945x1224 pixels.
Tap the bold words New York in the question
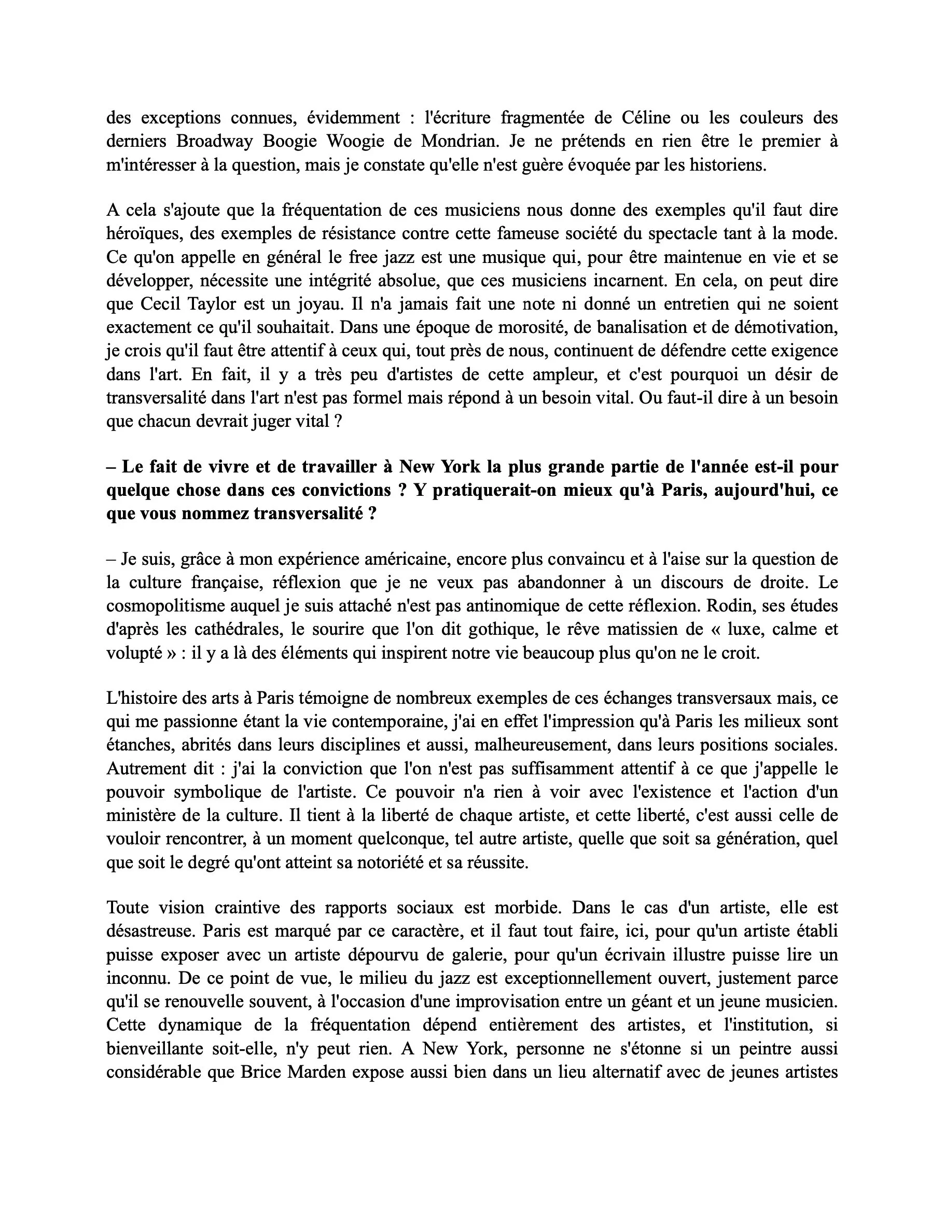pyautogui.click(x=439, y=467)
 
